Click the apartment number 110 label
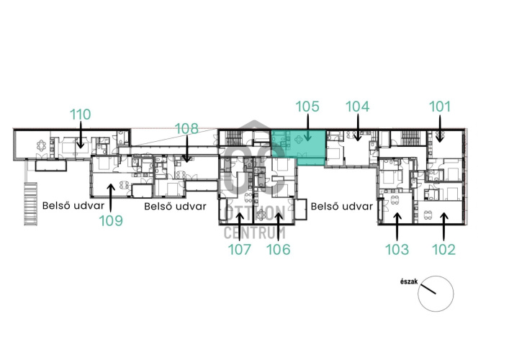pos(81,114)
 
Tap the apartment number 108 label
pos(186,129)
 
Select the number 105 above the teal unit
pos(307,107)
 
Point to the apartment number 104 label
pos(357,107)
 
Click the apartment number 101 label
pos(440,107)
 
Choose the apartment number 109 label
pos(111,221)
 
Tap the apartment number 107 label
pos(240,249)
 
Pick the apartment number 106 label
pos(278,249)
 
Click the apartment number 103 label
pos(397,249)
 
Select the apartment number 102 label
pos(443,249)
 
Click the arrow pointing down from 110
pos(80,135)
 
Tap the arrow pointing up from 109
pos(111,198)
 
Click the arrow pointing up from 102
pos(444,227)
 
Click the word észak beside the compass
pos(409,282)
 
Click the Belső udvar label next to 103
pos(342,206)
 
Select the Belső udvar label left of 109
pos(73,206)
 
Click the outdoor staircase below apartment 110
pos(30,204)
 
